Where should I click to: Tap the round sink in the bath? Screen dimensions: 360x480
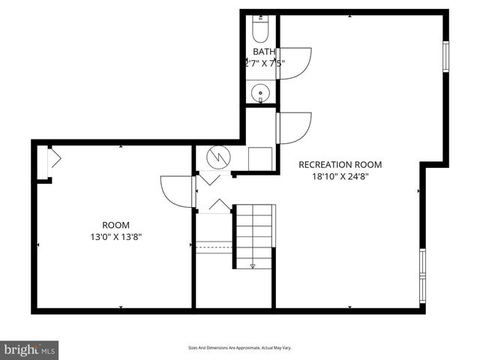tap(261, 94)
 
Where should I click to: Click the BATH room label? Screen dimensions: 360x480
tap(264, 52)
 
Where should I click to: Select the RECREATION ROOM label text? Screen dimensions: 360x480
tap(340, 165)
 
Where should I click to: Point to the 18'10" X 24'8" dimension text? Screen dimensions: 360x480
tap(340, 177)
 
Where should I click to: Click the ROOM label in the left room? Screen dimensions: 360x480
tap(115, 225)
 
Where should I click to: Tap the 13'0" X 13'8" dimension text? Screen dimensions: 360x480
tap(115, 237)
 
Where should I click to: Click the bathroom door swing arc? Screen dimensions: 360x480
tap(295, 62)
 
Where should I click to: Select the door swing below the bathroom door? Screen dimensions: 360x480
tap(295, 127)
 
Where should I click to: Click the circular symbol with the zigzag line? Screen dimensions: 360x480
tap(217, 157)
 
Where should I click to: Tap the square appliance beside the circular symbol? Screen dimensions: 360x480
tap(260, 158)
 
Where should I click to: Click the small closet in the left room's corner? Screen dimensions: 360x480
tap(43, 161)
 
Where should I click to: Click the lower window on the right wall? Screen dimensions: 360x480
tap(422, 275)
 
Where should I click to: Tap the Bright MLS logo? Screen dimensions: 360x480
tap(30, 350)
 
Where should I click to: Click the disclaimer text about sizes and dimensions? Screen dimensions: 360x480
tap(239, 348)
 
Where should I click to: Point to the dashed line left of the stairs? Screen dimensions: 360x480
tap(214, 243)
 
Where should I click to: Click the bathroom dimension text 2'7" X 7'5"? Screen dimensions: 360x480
tap(265, 63)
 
